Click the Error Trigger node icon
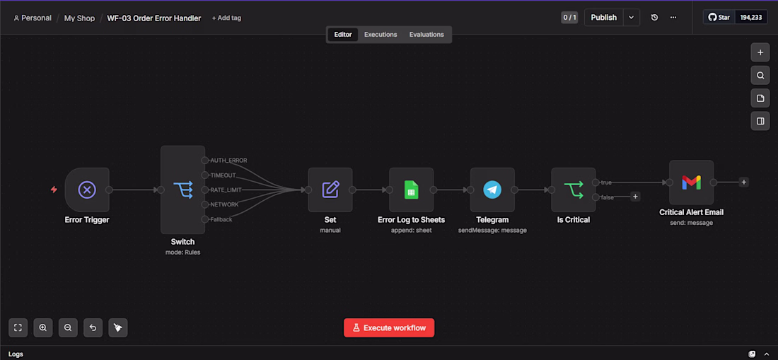(x=87, y=190)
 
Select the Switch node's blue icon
(x=182, y=190)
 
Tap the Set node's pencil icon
(x=330, y=190)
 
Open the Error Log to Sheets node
(x=412, y=190)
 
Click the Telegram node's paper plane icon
(x=492, y=190)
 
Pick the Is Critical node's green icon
(x=574, y=190)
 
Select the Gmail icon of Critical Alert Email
(x=691, y=182)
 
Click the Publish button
(x=604, y=18)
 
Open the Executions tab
(x=381, y=35)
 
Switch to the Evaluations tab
(x=426, y=35)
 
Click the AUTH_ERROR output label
(x=228, y=160)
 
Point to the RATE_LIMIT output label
(x=226, y=190)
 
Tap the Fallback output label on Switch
(x=221, y=220)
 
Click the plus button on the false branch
(x=635, y=197)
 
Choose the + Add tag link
(x=226, y=18)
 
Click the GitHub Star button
(x=719, y=18)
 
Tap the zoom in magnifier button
(x=43, y=327)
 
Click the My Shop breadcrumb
(x=79, y=18)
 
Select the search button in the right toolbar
(x=760, y=76)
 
